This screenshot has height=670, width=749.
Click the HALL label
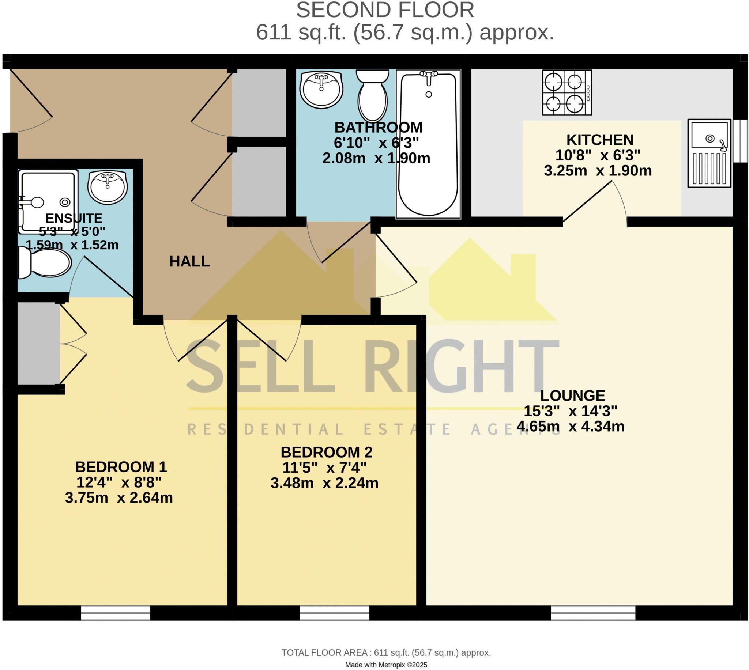pos(189,261)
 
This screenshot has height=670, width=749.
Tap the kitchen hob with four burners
pos(567,92)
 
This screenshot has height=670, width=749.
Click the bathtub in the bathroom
pos(428,144)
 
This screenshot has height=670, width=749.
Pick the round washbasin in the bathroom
pos(321,89)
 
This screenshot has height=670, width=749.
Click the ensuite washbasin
pos(108,187)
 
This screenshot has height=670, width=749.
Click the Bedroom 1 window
pos(116,613)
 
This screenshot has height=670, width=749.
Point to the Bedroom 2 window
pos(334,613)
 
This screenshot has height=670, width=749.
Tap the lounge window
pos(593,613)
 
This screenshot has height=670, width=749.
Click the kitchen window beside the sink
pos(740,141)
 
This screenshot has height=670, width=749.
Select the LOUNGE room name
pos(573,396)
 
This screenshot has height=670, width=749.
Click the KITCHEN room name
pos(600,140)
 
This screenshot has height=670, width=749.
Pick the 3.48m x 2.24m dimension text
pos(324,483)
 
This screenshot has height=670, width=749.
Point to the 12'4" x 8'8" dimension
pos(119,482)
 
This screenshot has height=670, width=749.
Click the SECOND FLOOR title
pos(385,10)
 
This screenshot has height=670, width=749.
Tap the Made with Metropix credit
pos(386,665)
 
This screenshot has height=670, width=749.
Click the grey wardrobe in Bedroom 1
pos(39,343)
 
